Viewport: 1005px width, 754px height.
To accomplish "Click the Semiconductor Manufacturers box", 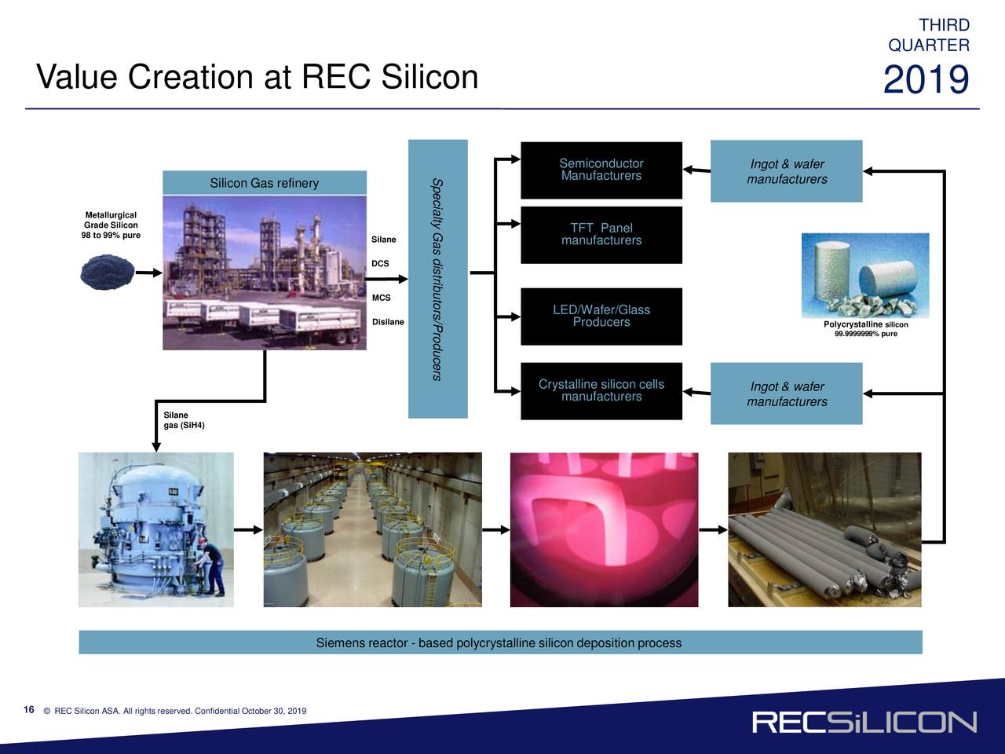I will [601, 170].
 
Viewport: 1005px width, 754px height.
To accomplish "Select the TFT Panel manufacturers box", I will [601, 235].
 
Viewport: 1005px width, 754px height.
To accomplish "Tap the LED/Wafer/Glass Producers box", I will [601, 316].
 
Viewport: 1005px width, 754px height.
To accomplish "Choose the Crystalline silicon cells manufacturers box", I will [601, 390].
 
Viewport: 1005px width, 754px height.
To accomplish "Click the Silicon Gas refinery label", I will [265, 183].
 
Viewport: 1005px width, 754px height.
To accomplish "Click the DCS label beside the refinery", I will [380, 264].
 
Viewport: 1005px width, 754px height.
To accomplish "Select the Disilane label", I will [388, 322].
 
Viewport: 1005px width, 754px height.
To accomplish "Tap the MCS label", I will [381, 298].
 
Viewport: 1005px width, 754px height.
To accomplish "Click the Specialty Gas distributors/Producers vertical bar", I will [437, 279].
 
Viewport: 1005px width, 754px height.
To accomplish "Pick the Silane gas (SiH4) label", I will [183, 420].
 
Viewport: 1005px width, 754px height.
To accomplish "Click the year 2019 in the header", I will [926, 81].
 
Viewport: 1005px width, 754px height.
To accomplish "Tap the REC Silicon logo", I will [864, 723].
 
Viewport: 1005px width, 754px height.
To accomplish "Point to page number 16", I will [29, 710].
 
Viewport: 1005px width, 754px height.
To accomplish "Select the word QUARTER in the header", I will [929, 46].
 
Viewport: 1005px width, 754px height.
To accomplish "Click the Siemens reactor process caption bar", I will [500, 642].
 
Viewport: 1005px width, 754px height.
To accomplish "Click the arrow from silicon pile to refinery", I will [148, 273].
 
